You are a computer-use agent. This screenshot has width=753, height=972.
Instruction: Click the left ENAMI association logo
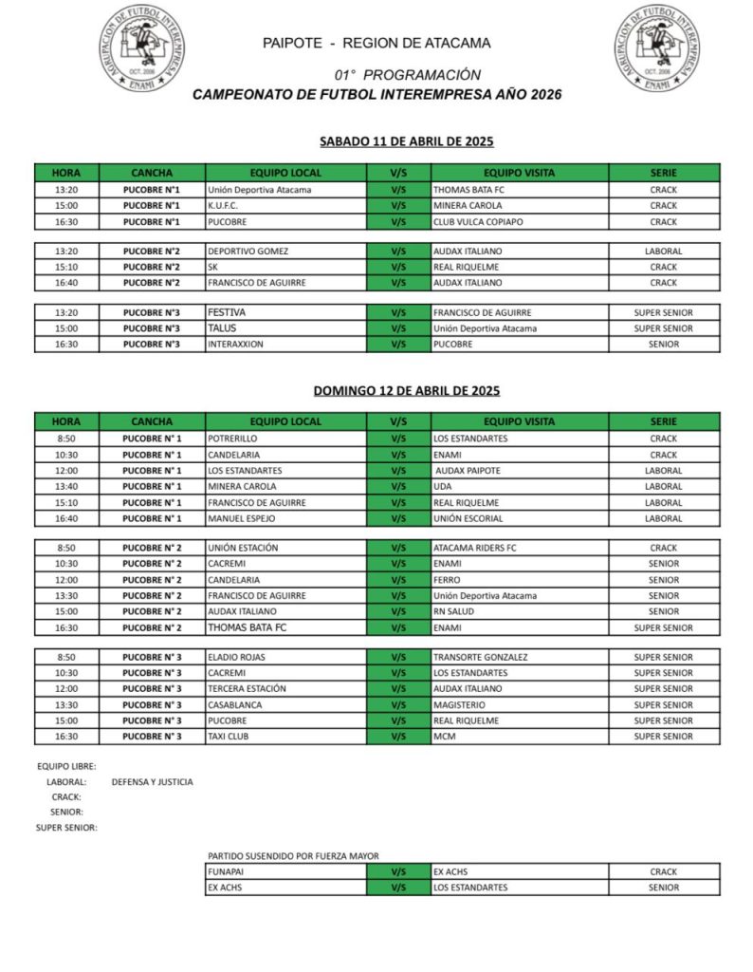tap(142, 48)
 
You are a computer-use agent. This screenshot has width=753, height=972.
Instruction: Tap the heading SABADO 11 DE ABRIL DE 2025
tap(407, 141)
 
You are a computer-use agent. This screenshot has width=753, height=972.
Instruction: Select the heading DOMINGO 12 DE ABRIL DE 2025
tap(407, 390)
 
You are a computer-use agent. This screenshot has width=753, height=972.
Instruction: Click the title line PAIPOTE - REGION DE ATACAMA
tap(377, 43)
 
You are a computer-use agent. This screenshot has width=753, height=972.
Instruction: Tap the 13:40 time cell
tap(66, 487)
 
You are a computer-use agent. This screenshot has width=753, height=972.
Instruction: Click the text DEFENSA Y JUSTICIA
tap(152, 782)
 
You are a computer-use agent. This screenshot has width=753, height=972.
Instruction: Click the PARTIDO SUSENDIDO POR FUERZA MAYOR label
tap(293, 856)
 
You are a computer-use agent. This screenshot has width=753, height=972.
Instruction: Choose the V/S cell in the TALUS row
tap(398, 328)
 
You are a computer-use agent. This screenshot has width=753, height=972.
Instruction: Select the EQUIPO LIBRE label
tap(66, 766)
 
